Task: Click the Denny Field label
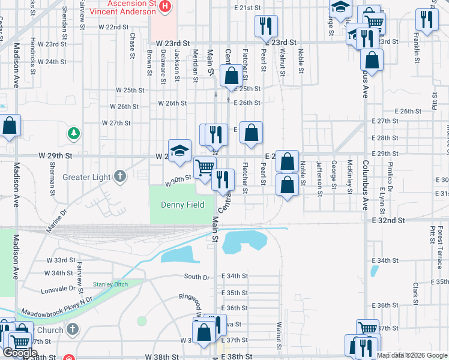pyautogui.click(x=182, y=205)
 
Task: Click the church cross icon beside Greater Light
pyautogui.click(x=120, y=176)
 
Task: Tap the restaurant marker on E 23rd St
pyautogui.click(x=265, y=26)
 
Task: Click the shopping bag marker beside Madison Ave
pyautogui.click(x=10, y=126)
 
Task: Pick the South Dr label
pyautogui.click(x=197, y=277)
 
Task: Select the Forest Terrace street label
pyautogui.click(x=440, y=241)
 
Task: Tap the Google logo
pyautogui.click(x=20, y=352)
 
